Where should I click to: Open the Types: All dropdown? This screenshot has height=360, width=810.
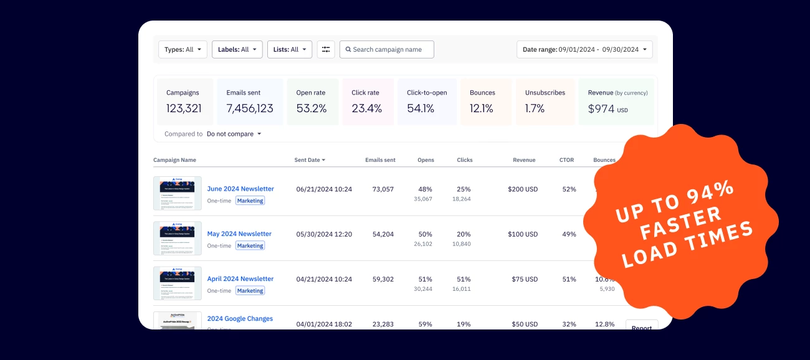coord(183,50)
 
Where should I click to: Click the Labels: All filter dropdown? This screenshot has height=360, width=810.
coord(237,50)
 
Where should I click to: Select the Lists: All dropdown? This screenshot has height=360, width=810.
coord(289,50)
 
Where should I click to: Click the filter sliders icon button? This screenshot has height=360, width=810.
coord(326,50)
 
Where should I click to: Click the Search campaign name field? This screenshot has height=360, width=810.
coord(387,50)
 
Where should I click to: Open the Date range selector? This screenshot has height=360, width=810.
coord(584,50)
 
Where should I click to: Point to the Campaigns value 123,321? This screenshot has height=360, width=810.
coord(184,108)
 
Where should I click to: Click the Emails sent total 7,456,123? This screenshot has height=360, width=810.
coord(250,108)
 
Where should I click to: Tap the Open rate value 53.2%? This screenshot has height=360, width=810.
coord(312,108)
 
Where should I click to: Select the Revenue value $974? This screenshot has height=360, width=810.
coord(601,108)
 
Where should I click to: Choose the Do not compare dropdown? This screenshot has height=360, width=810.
coord(234,134)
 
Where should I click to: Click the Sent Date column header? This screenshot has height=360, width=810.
coord(309,160)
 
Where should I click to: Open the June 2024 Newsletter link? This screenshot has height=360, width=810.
coord(241,189)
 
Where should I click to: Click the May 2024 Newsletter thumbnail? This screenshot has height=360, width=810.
coord(178,238)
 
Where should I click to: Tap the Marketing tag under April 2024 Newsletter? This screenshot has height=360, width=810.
coord(250,291)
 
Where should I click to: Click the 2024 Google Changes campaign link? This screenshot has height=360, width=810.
coord(240,319)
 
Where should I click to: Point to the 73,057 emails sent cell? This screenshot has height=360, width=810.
coord(383,189)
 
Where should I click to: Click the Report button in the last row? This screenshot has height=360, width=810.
coord(641,327)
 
